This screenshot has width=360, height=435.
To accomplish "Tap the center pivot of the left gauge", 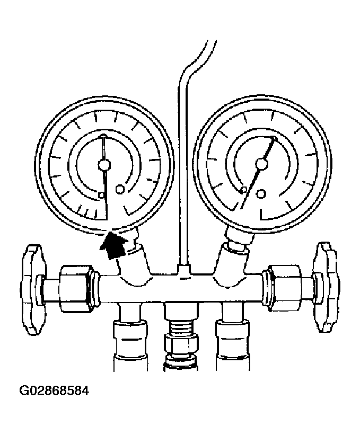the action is [x=104, y=165].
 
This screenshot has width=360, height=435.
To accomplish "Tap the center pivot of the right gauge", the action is [x=261, y=163].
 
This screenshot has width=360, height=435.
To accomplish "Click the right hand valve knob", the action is [x=326, y=287].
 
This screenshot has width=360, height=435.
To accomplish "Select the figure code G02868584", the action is [x=54, y=390].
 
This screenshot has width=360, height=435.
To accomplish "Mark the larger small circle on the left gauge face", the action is [x=120, y=189].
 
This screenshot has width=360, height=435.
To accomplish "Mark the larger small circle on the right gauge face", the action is [x=261, y=193].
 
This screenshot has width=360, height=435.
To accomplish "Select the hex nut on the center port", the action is [x=181, y=344].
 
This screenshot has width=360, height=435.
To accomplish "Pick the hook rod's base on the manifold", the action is [x=183, y=270].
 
